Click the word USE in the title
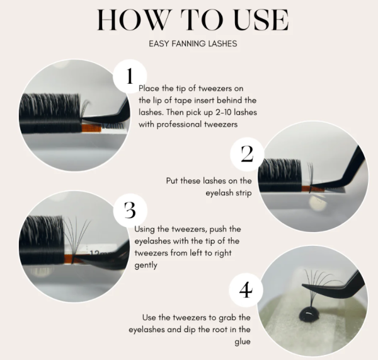tap(261, 20)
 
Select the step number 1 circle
tap(130, 76)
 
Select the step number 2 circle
tap(247, 154)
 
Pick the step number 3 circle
tap(130, 210)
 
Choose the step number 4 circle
tap(246, 290)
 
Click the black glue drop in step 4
tap(309, 315)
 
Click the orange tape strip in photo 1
tap(91, 128)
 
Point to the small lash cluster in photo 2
tap(311, 173)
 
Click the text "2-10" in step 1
tap(223, 112)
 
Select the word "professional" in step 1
tap(180, 125)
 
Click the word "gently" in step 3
tap(146, 265)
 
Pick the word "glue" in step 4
tap(243, 342)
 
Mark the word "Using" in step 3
tap(144, 229)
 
